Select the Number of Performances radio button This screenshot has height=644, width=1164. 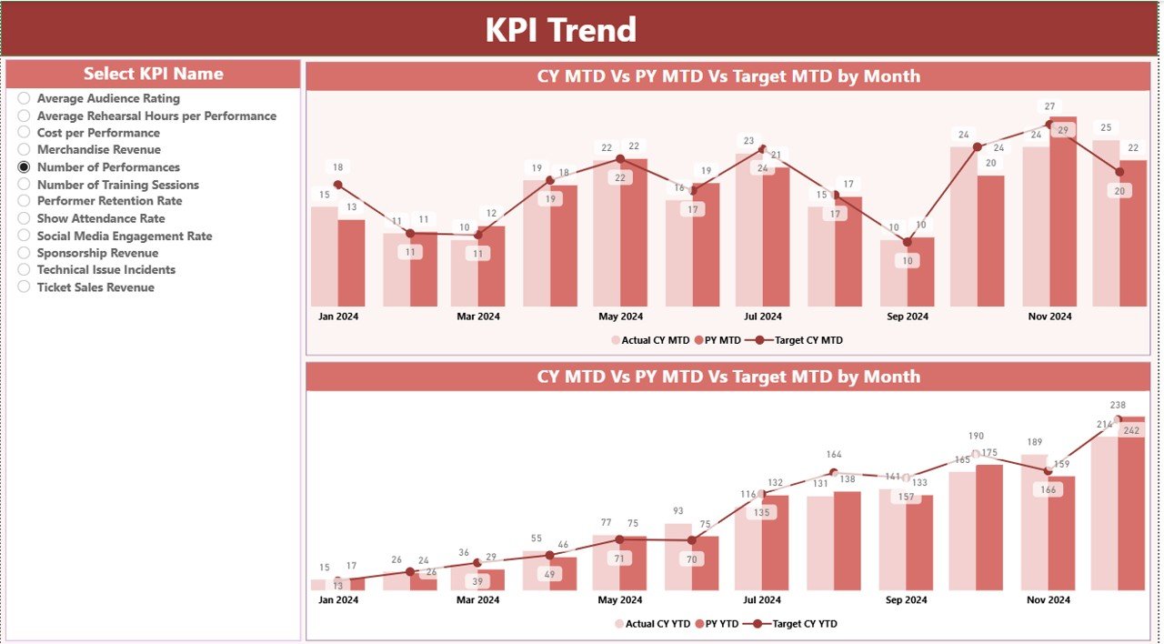coord(25,167)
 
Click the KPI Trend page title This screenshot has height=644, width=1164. coord(560,30)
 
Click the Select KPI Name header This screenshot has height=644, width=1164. coord(153,74)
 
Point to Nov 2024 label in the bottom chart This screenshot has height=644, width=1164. coord(1049,600)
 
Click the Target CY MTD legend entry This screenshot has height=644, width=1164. coord(808,340)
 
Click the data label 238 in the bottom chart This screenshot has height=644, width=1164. coord(1118,405)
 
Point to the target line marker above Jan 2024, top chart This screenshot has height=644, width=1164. coord(338,185)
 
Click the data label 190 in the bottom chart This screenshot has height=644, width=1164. coord(976,437)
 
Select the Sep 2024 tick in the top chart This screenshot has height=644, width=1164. coord(906,317)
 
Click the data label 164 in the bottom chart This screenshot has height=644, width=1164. coord(834,454)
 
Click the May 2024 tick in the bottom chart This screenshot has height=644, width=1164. coord(620,600)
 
